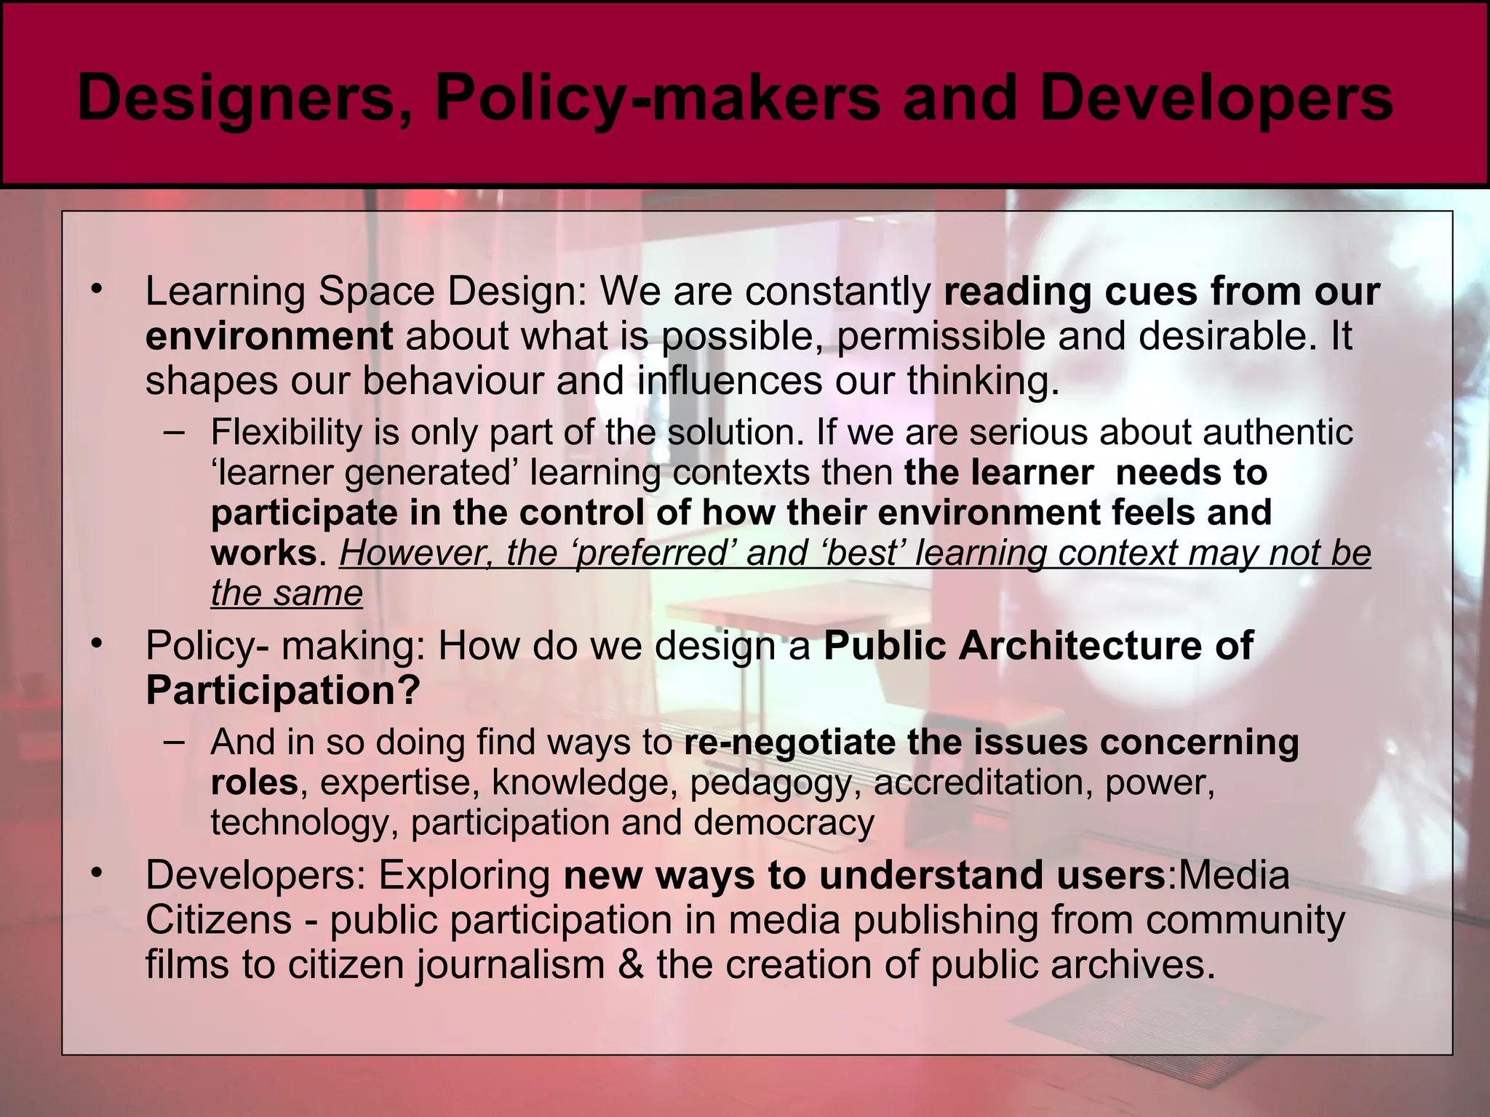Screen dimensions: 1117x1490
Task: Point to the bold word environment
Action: point(269,336)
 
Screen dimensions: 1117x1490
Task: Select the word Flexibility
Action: point(287,432)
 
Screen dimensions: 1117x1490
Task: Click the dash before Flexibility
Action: point(175,432)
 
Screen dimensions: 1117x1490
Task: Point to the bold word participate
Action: point(303,513)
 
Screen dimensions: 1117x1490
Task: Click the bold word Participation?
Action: point(283,689)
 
